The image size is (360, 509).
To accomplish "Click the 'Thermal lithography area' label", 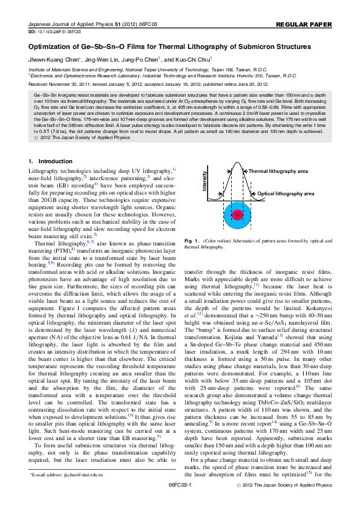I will pyautogui.click(x=278, y=171).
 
